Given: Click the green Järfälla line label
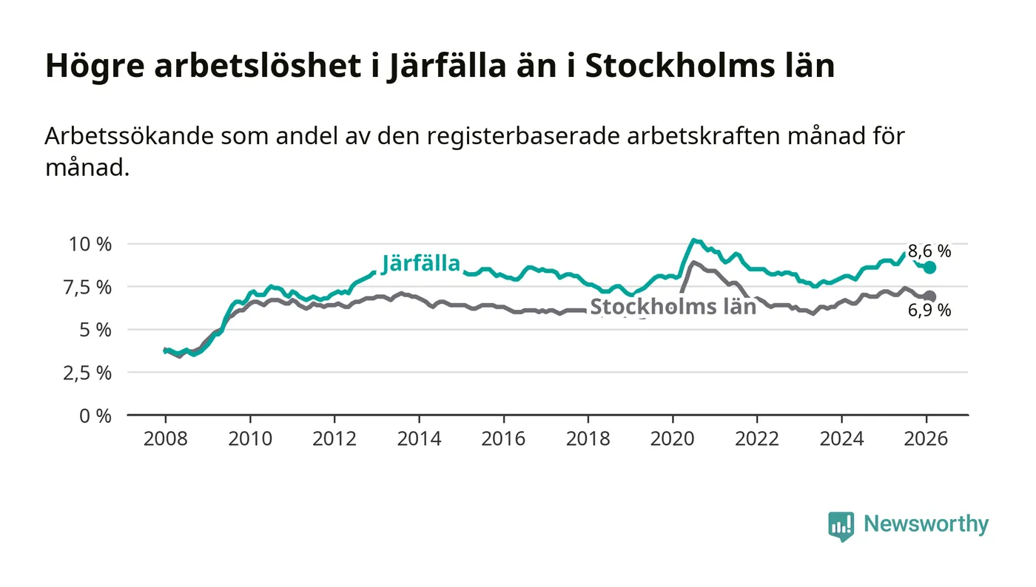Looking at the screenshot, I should (421, 263).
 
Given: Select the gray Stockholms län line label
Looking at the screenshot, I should (673, 307).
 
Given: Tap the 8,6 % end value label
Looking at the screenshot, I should (929, 251).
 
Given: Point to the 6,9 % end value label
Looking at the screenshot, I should (929, 311).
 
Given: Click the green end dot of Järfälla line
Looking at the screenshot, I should (929, 268).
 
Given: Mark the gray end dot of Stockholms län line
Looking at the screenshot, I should (929, 296).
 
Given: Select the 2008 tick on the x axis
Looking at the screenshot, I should (165, 438).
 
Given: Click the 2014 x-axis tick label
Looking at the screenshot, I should (419, 438).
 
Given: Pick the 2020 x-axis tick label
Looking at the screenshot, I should (673, 438).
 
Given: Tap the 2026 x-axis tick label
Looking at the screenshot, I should (926, 438).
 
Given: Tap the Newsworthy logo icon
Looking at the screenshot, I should (841, 526).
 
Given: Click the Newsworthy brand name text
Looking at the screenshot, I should (926, 524).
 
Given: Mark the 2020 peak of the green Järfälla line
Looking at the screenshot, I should (693, 240).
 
